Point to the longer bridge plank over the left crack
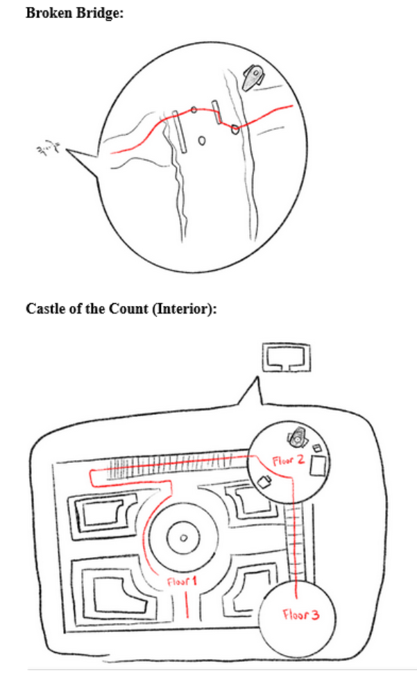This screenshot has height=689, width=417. click(x=180, y=131)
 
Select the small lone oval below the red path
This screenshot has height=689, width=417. click(x=202, y=141)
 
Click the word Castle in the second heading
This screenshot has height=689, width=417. click(x=44, y=309)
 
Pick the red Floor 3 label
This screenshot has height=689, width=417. click(x=299, y=614)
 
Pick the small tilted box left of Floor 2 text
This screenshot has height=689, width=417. click(x=264, y=481)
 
